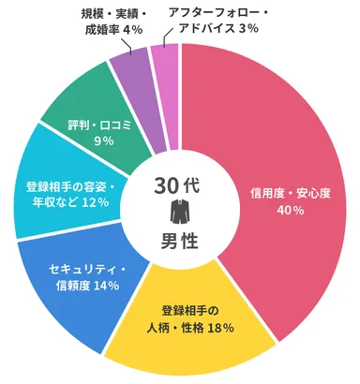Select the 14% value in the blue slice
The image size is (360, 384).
click(106, 285)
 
